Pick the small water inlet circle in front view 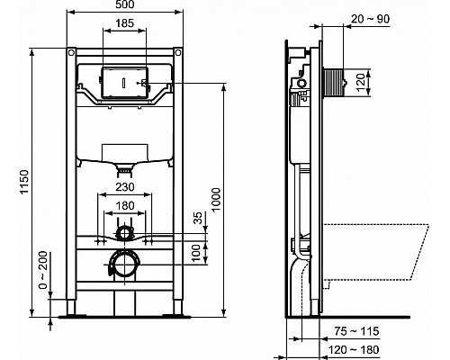[x=125, y=237]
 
